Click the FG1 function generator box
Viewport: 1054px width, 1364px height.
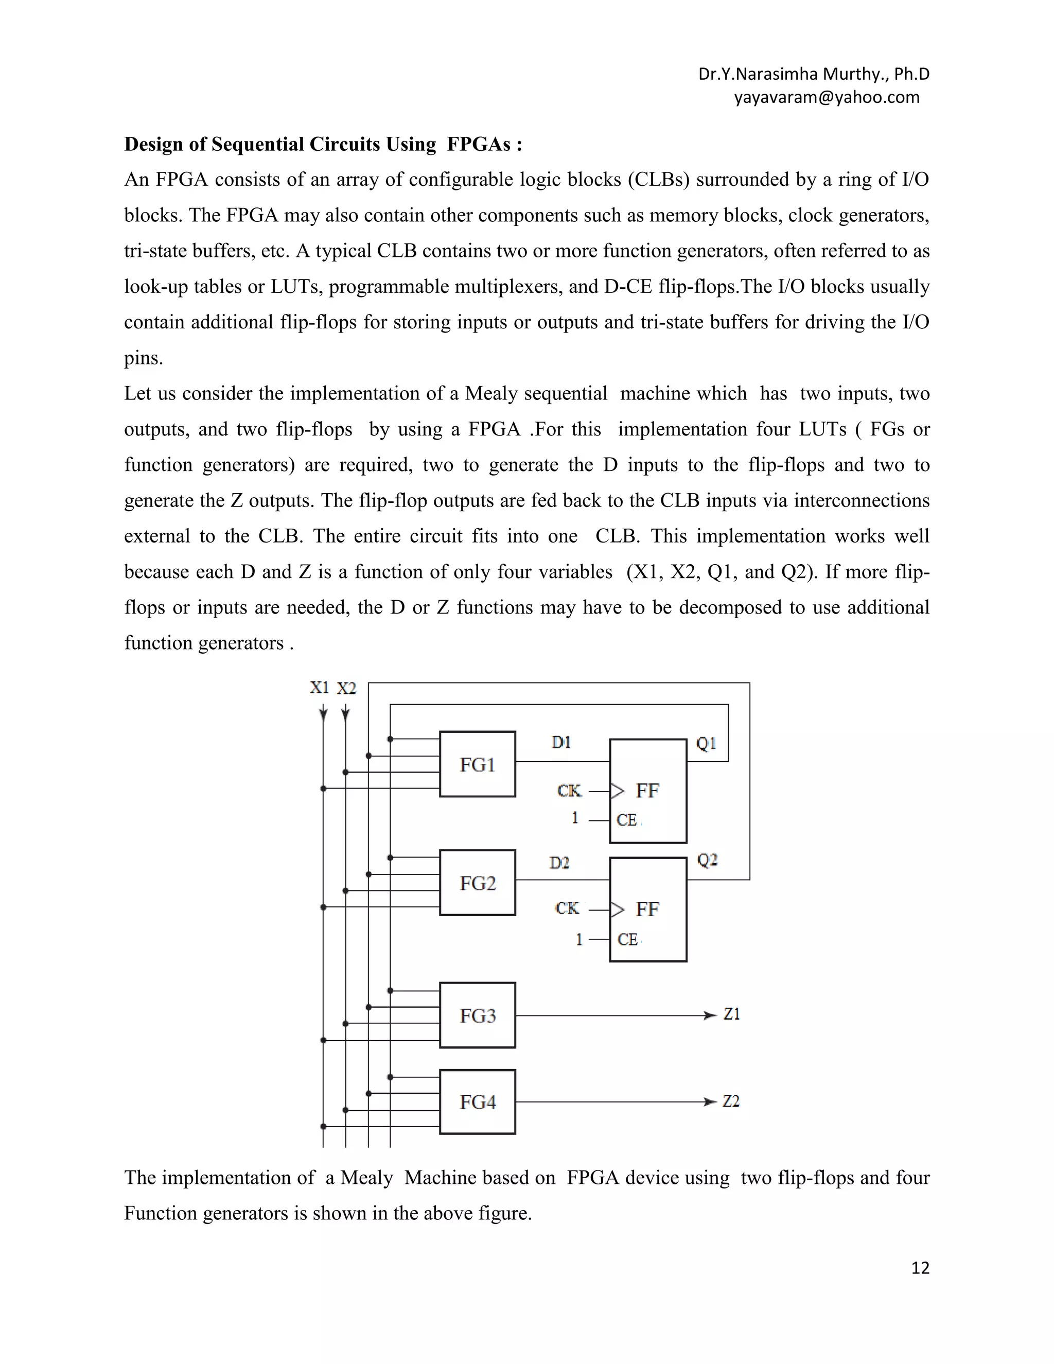(x=477, y=764)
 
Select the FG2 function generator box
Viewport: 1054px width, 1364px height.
(x=477, y=882)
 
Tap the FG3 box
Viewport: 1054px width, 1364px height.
(x=477, y=1015)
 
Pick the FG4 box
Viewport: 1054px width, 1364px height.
(x=477, y=1101)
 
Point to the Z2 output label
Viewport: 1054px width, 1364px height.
(x=731, y=1101)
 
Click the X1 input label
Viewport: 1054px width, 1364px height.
(x=319, y=688)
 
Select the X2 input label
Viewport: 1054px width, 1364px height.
(x=346, y=688)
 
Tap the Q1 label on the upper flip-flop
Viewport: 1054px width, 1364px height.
(x=706, y=743)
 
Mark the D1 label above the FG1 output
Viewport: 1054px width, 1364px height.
(x=561, y=742)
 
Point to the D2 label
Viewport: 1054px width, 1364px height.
(x=559, y=863)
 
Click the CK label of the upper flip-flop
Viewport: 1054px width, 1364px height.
(x=569, y=791)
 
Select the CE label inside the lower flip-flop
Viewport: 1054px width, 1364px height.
(x=627, y=939)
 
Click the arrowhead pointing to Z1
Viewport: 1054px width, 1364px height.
(x=710, y=1016)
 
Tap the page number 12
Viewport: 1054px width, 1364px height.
(x=920, y=1267)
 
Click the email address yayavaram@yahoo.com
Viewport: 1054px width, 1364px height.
(x=826, y=97)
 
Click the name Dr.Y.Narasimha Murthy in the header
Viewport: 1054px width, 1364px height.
(x=790, y=74)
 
